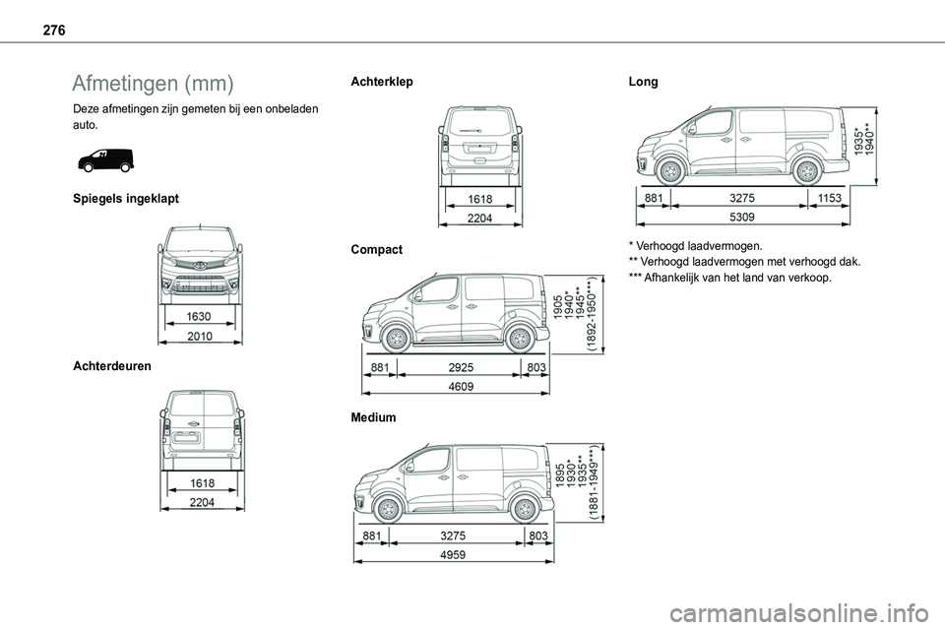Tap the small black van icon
coord(103,159)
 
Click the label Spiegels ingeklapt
coord(126,199)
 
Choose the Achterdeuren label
coord(112,365)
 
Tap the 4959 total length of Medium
coord(453,554)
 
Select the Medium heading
coord(373,417)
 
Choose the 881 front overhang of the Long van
coord(651,198)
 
